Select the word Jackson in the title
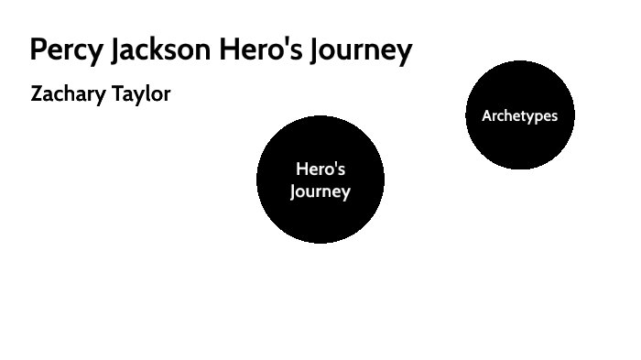coord(160,49)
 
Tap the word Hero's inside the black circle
coord(320,169)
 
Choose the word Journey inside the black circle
coord(320,192)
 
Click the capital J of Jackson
coord(115,51)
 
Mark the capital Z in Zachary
coord(38,93)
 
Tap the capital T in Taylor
coord(118,93)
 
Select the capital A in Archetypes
coord(487,115)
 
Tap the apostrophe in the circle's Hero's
coord(335,165)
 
